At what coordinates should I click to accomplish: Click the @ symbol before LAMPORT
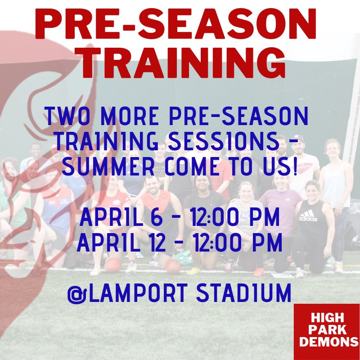pos(76,293)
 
